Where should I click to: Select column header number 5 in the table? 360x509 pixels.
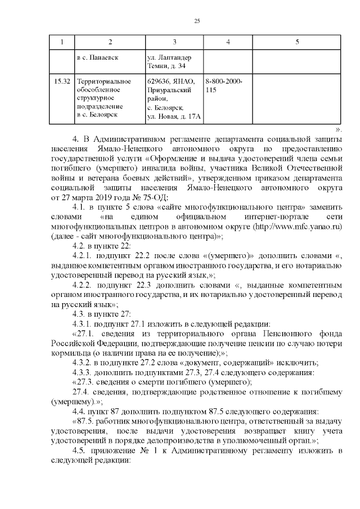pos(297,43)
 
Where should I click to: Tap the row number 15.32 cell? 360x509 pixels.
pos(62,82)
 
